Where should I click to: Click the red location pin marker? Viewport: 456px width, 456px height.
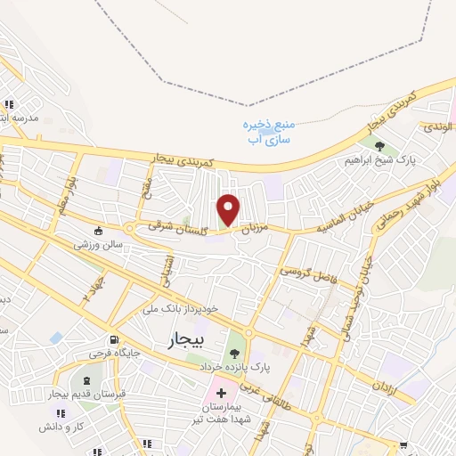[x=229, y=208]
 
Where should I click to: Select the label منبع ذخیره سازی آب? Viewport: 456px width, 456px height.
[x=269, y=134]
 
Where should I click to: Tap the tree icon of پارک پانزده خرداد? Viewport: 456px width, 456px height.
[x=235, y=350]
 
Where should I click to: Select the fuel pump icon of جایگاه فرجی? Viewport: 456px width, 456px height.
[x=113, y=339]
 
